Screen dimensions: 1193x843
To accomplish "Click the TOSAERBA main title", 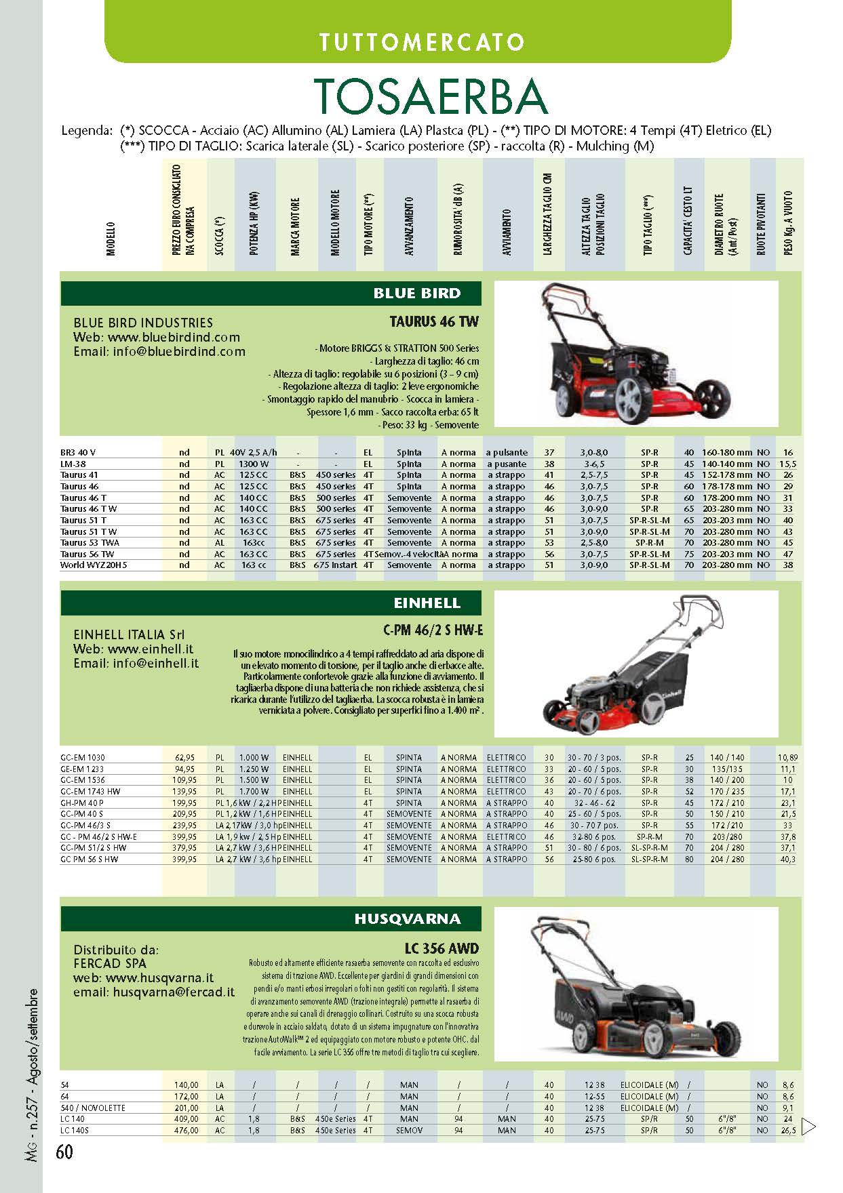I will (x=430, y=97).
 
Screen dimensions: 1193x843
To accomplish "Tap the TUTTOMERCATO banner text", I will (x=421, y=42).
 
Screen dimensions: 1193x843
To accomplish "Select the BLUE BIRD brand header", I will (x=416, y=294).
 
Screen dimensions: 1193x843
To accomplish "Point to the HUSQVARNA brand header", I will (x=407, y=918).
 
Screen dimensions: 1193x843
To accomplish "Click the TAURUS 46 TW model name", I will (x=434, y=321).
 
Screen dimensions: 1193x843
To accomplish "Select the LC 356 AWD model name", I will (x=442, y=948).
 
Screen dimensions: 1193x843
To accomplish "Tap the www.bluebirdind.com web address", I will (x=174, y=337).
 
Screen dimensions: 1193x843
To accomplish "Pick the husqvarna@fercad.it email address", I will (x=174, y=992).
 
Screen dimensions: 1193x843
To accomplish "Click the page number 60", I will (x=64, y=1152).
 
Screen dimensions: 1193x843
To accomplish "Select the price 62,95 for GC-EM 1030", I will (x=184, y=757).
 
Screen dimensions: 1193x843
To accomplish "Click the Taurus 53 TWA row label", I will (x=90, y=542).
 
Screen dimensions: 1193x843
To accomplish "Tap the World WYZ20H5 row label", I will (x=94, y=565).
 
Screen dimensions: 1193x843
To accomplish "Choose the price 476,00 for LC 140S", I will (x=185, y=1130).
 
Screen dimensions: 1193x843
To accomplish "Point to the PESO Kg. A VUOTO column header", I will (x=787, y=222).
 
